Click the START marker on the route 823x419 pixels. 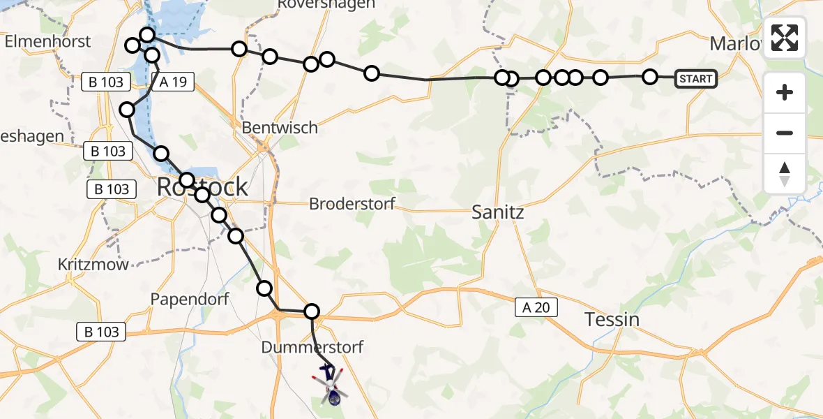(695, 79)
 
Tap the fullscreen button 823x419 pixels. (785, 38)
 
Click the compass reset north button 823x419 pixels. (785, 174)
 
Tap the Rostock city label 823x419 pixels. (202, 186)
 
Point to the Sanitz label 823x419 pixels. (497, 212)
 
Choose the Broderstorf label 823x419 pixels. (352, 205)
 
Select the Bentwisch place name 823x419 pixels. (279, 128)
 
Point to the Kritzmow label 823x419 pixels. (94, 265)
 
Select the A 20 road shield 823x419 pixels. (536, 307)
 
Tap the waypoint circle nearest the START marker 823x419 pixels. (649, 77)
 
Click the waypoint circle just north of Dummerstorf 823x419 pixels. (312, 311)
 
